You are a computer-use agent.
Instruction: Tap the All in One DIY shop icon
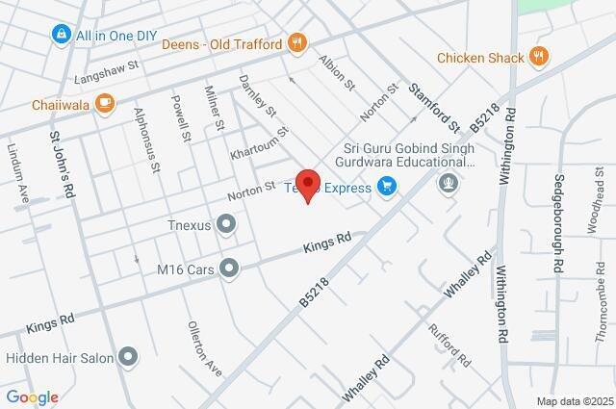[62, 35]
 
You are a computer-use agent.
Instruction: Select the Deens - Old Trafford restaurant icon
[297, 43]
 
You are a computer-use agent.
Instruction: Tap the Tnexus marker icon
[227, 225]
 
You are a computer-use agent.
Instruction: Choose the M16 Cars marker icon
[228, 268]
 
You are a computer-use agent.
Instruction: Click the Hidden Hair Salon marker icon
[127, 358]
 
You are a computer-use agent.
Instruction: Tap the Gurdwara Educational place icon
[448, 182]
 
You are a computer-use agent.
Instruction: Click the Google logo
[32, 397]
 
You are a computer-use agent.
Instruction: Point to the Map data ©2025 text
[575, 401]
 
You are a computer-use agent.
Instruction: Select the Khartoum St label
[260, 143]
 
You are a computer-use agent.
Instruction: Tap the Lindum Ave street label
[20, 174]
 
